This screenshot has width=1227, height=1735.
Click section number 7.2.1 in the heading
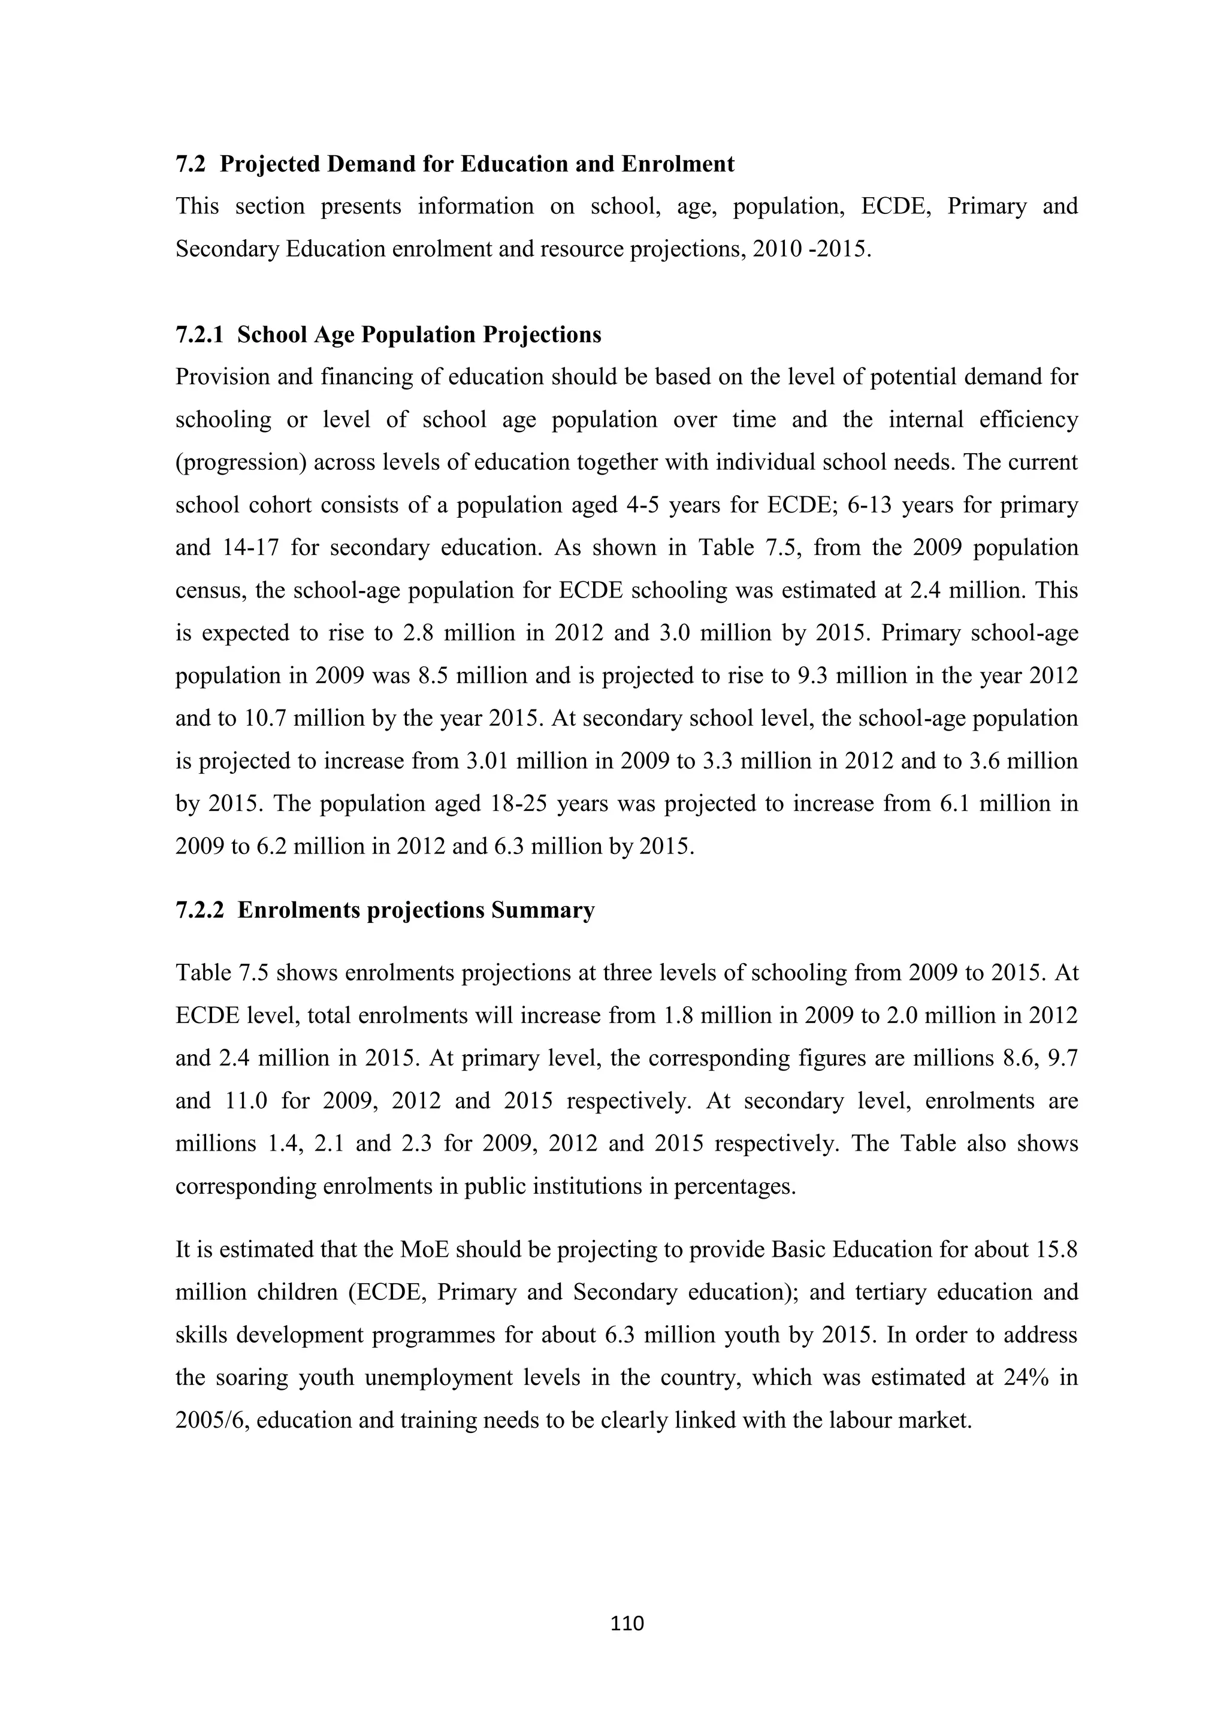point(200,335)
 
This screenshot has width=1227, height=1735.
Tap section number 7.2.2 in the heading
point(200,910)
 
